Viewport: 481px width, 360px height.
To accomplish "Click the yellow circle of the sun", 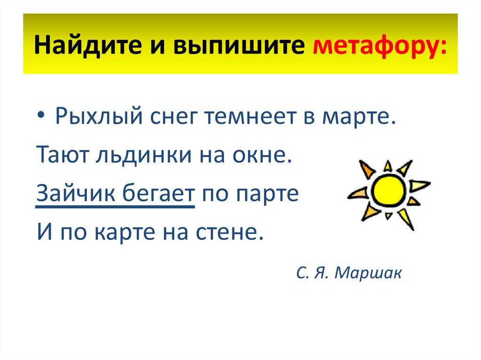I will pos(388,192).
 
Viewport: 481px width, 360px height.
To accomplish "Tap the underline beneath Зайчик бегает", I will pos(115,207).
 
